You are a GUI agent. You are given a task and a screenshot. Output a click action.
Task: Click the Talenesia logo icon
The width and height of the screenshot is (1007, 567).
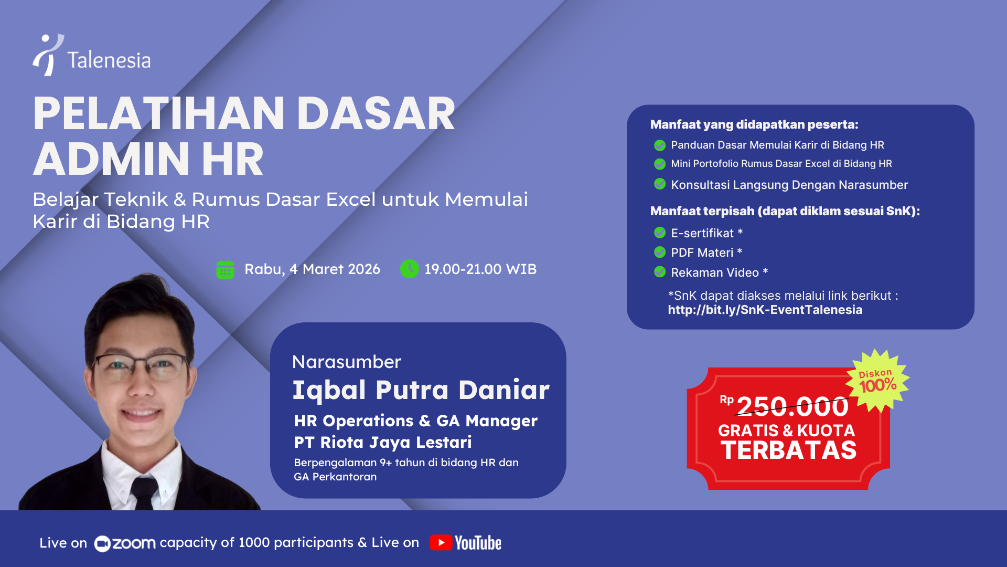[x=48, y=55]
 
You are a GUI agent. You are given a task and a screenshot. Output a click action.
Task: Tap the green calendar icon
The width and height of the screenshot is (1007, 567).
[x=225, y=269]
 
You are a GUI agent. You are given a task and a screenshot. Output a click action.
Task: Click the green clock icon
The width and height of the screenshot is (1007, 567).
[x=409, y=269]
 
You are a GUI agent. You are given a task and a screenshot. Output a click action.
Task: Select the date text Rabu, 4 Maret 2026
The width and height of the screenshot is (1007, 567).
[x=312, y=269]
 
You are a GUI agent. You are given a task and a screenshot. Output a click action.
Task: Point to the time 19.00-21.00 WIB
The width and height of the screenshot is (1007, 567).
[x=480, y=269]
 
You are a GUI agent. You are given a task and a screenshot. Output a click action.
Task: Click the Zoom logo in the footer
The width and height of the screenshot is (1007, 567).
[x=125, y=543]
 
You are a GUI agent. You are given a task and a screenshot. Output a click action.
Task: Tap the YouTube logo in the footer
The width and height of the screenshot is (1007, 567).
[x=465, y=543]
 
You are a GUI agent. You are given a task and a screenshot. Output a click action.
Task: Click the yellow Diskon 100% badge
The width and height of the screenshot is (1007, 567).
[x=878, y=380]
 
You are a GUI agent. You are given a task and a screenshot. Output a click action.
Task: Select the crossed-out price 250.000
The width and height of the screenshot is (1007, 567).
[x=792, y=406]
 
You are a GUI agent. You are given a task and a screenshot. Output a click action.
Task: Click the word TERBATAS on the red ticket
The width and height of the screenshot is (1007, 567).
[x=788, y=450]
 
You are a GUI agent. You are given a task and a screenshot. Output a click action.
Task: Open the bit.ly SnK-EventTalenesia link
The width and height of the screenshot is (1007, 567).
[x=765, y=310]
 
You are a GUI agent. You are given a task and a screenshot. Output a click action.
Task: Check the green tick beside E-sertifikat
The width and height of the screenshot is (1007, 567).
[x=660, y=233]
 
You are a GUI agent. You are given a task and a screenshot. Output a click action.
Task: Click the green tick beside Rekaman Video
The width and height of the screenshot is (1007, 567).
[x=660, y=272]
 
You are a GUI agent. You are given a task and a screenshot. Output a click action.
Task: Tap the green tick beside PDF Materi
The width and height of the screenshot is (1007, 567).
[x=660, y=252]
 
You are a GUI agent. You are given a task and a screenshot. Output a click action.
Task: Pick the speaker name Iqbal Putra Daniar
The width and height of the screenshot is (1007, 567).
[x=421, y=390]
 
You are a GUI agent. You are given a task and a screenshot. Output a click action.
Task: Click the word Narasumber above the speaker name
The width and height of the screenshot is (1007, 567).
[x=346, y=362]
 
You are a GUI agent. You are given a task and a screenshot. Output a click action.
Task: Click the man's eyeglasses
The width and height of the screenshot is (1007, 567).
[x=142, y=365]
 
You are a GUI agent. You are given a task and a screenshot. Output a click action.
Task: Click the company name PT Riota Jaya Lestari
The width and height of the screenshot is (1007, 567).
[x=382, y=442]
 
